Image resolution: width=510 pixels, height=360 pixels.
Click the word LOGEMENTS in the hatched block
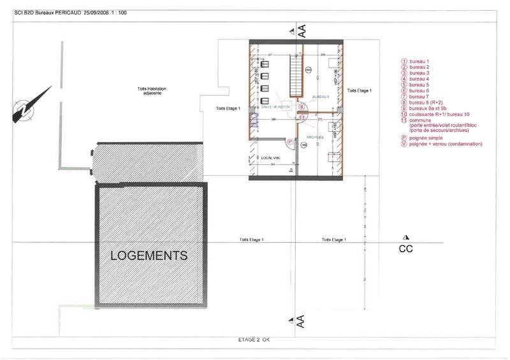pyautogui.click(x=149, y=256)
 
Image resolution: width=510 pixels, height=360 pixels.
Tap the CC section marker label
pyautogui.click(x=406, y=249)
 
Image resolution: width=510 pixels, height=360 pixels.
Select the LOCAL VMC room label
pyautogui.click(x=271, y=157)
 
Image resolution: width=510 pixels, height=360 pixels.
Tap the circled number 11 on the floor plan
pyautogui.click(x=302, y=118)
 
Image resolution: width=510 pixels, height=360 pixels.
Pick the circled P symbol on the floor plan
pyautogui.click(x=289, y=142)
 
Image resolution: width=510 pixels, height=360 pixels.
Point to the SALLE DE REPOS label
pyautogui.click(x=276, y=106)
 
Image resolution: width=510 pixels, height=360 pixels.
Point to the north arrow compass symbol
pyautogui.click(x=27, y=106)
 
